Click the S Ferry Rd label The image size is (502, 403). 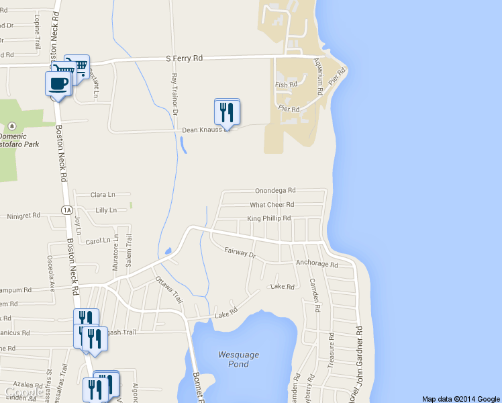[184, 58]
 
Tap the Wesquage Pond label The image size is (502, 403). [238, 359]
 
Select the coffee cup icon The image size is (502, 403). [57, 85]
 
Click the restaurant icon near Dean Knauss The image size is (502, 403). [228, 111]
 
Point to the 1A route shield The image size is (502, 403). [66, 210]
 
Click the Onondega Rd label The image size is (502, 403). [275, 191]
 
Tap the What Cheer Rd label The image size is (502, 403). [272, 205]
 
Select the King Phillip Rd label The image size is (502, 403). [268, 218]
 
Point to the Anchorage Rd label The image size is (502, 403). [317, 264]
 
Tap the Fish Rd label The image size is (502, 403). [285, 85]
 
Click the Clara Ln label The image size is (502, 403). [103, 195]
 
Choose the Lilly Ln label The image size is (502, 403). [106, 210]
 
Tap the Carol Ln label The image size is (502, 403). [98, 240]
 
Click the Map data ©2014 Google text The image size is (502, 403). [460, 398]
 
